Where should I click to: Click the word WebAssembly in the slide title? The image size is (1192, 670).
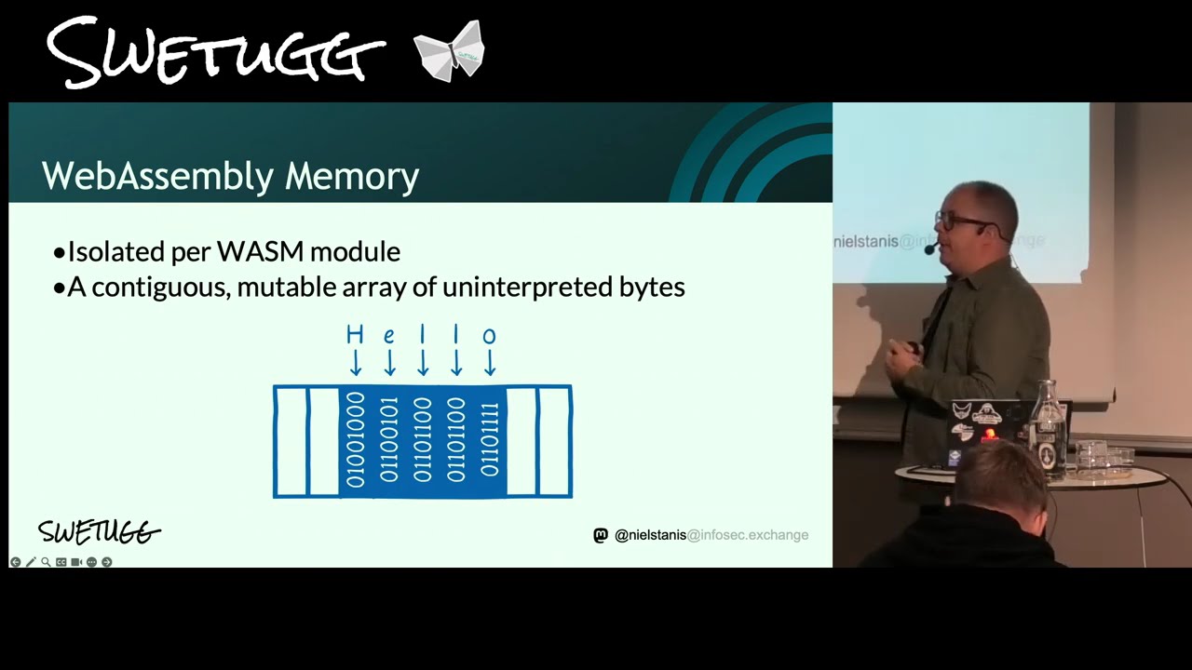coord(158,177)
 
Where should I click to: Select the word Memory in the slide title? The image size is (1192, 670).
coord(352,177)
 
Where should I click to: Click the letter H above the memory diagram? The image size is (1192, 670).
coord(355,335)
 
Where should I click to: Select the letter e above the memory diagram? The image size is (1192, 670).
coord(389,336)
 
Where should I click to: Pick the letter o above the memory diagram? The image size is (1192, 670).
coord(490,336)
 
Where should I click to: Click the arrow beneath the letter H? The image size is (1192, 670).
coord(356,363)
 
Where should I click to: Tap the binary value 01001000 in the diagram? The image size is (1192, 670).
coord(356,440)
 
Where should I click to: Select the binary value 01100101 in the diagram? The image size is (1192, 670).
coord(389,440)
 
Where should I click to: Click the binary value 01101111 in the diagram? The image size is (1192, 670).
coord(490,440)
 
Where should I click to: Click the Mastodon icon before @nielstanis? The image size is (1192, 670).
coord(601,535)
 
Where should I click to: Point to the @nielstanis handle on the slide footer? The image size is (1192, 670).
coord(650,535)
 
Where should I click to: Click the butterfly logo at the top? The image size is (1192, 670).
coord(450,51)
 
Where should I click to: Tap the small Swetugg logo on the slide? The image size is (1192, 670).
coord(99,531)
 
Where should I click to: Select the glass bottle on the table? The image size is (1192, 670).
coord(1047,429)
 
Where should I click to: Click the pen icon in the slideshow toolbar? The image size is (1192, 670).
coord(31,562)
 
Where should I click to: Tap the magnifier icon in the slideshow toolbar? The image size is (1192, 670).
coord(47,562)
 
